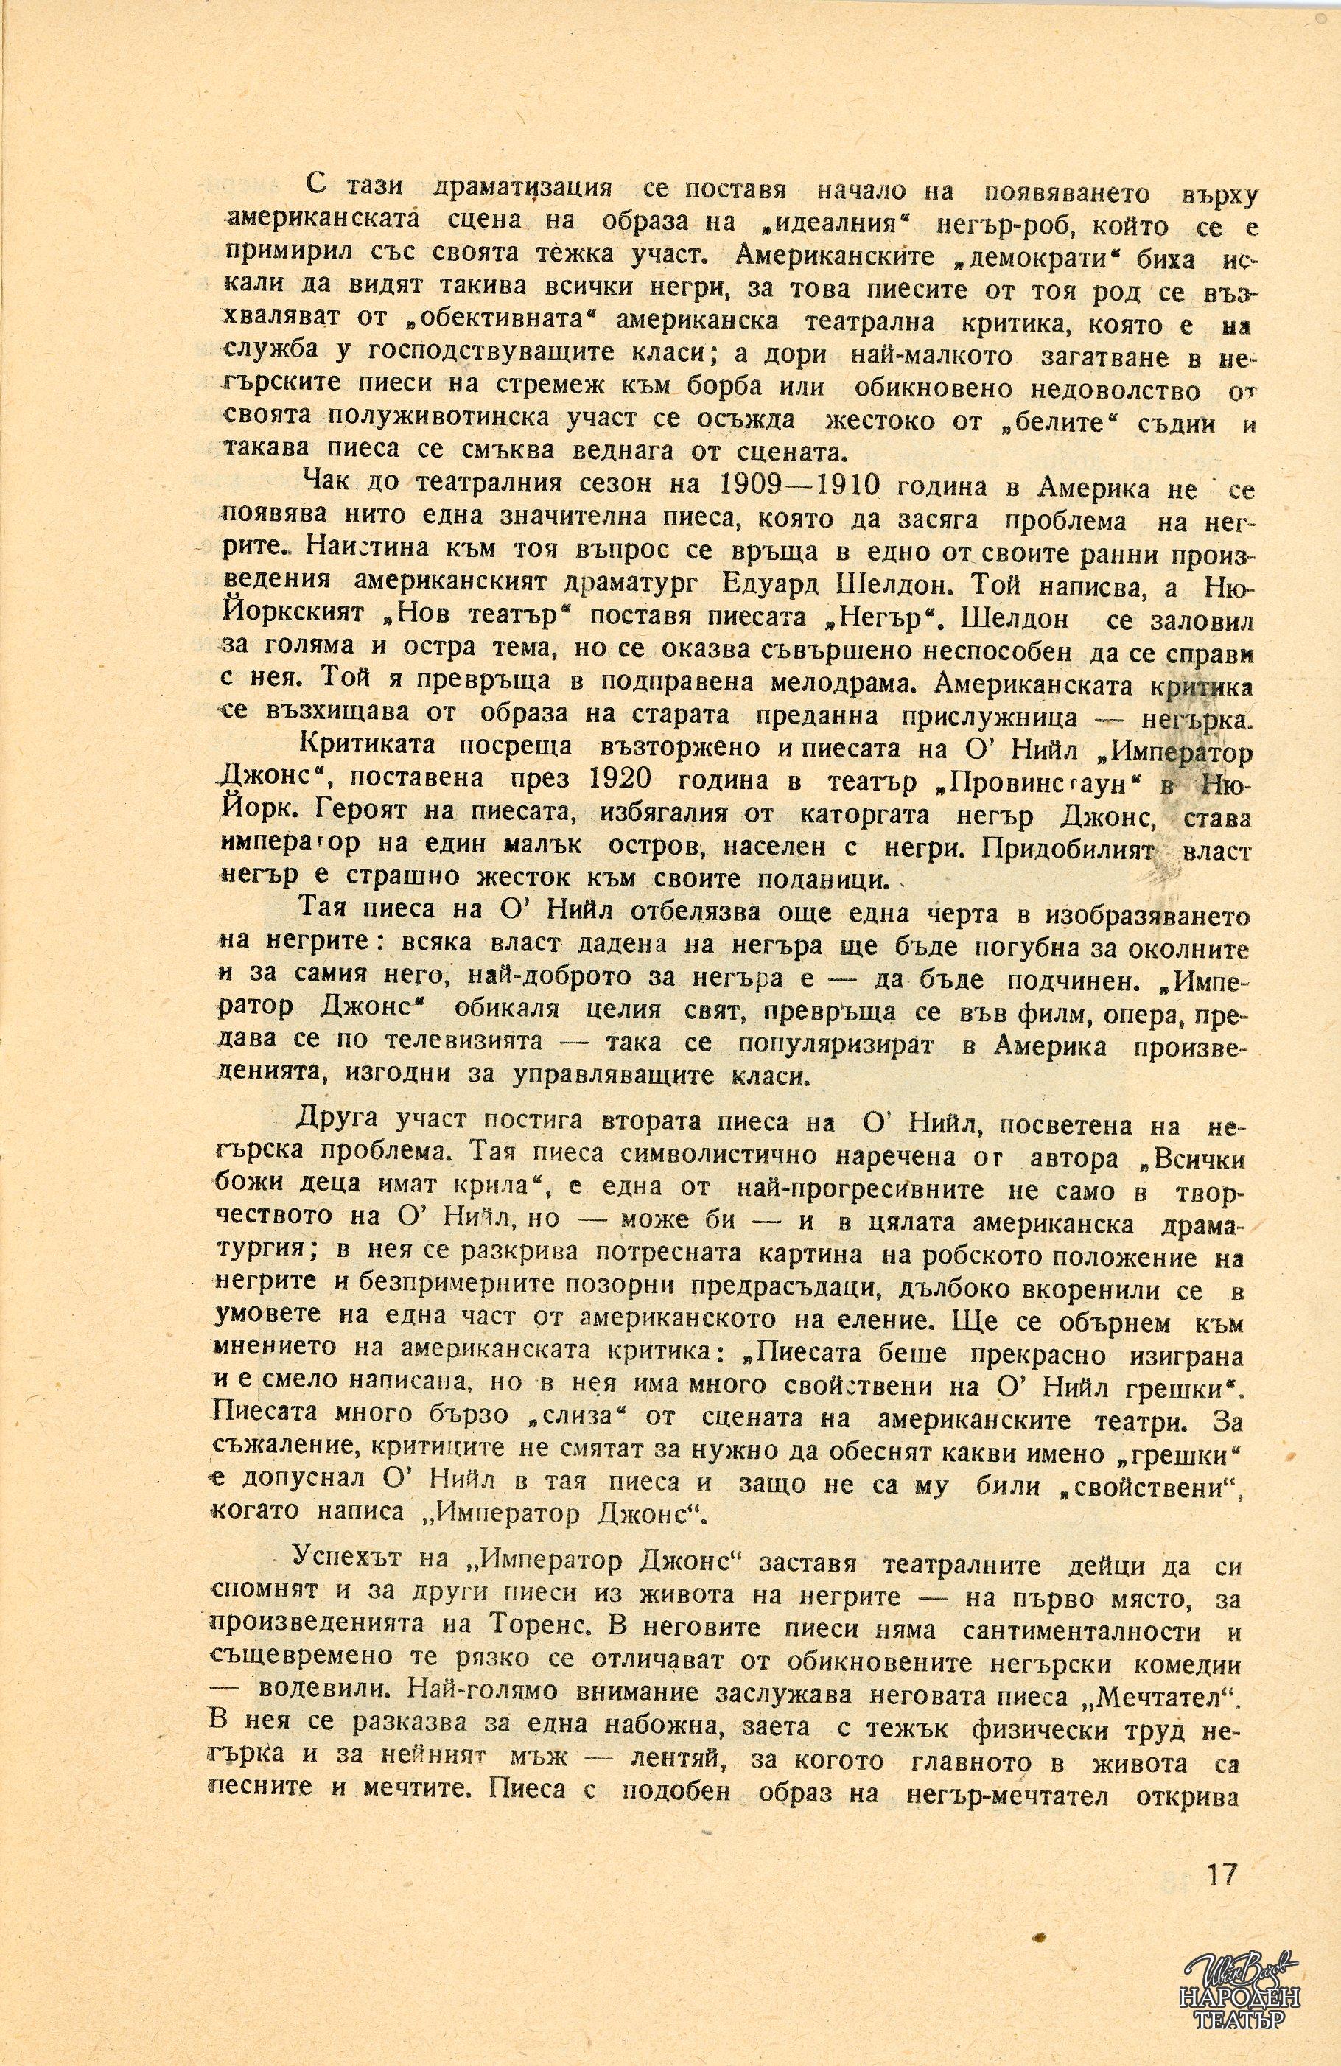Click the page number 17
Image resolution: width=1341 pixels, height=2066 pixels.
[1220, 1795]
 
